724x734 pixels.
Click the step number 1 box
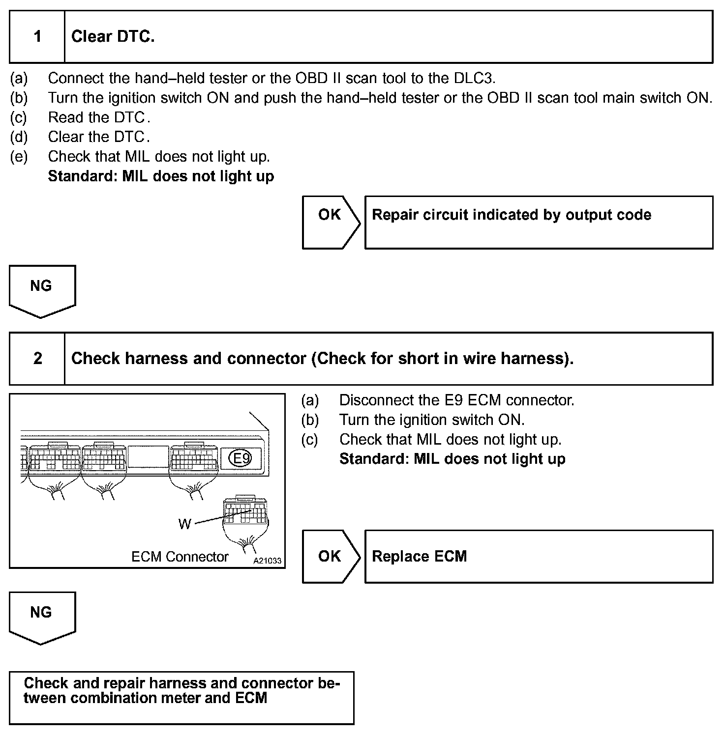(x=37, y=37)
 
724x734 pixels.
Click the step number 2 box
(x=37, y=359)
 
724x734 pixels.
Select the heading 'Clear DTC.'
(x=113, y=37)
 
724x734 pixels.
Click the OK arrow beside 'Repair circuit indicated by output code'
(x=331, y=222)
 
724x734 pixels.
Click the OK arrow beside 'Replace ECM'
(x=331, y=556)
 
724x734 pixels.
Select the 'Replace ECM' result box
(x=539, y=556)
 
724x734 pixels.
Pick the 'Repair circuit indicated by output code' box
(x=539, y=222)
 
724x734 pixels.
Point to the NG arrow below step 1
(x=42, y=290)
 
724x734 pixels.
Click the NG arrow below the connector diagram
(x=42, y=616)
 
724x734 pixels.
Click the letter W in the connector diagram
(x=184, y=524)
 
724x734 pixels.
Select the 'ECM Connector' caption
(x=180, y=557)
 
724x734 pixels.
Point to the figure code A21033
(x=267, y=561)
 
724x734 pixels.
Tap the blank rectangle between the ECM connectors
(x=148, y=456)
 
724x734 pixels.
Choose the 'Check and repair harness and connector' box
(x=181, y=698)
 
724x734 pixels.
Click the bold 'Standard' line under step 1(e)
(x=161, y=176)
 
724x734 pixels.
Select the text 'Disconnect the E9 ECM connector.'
(x=456, y=400)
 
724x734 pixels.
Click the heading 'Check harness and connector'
(x=322, y=359)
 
